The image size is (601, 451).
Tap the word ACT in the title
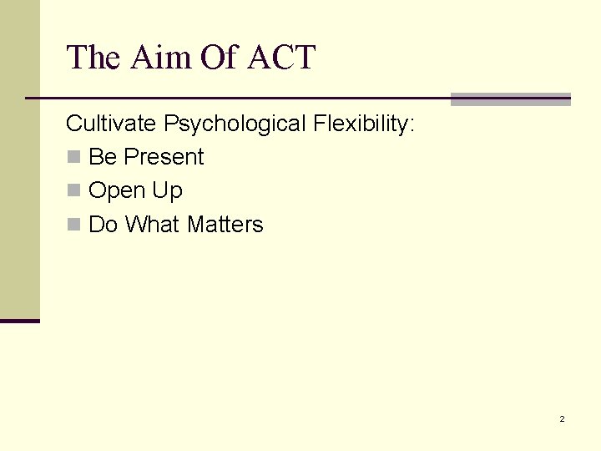coord(282,58)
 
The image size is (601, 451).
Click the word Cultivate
coord(111,124)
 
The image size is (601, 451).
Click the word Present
coord(164,157)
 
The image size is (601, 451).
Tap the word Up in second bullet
coord(167,191)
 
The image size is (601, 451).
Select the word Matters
coord(225,225)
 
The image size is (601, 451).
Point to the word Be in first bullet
coord(103,157)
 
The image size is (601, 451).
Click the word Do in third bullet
coord(104,225)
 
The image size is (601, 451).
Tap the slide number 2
coord(562,418)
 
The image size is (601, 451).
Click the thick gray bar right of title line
coord(510,99)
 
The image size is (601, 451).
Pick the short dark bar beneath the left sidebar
coord(20,321)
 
